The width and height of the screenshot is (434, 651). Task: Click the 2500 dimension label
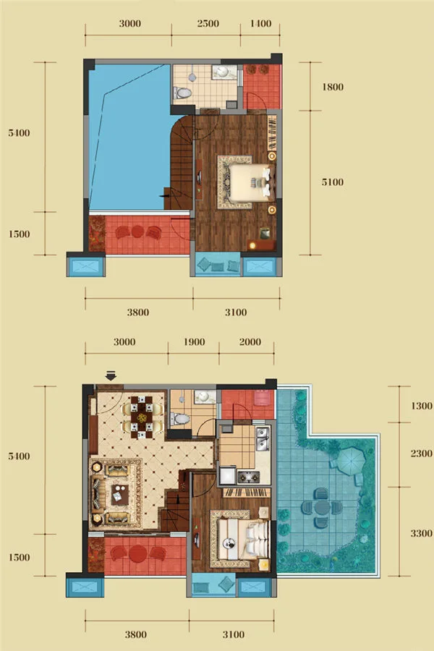(208, 24)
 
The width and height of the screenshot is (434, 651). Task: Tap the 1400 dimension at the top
(261, 24)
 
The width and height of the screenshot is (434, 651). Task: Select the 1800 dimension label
(333, 87)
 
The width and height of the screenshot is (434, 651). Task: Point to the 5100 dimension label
(333, 182)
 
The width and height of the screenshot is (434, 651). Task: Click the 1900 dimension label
(194, 342)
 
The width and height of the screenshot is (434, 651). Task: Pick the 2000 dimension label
(250, 342)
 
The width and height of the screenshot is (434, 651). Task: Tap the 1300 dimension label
(421, 406)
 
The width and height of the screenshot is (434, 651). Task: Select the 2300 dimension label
(421, 454)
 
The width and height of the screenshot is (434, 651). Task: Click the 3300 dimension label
(421, 533)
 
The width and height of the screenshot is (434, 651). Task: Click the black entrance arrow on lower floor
(111, 375)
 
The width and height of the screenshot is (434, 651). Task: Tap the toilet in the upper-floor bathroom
(182, 92)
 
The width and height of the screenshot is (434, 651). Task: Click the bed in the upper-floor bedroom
(251, 183)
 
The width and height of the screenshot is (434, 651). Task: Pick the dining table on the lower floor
(142, 417)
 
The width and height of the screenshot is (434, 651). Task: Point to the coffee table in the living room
(119, 495)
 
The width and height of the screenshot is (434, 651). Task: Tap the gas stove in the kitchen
(248, 477)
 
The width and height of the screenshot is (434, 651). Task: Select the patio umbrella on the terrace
(351, 459)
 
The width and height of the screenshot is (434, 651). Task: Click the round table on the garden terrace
(322, 507)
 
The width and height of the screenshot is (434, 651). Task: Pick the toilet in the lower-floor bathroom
(180, 419)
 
